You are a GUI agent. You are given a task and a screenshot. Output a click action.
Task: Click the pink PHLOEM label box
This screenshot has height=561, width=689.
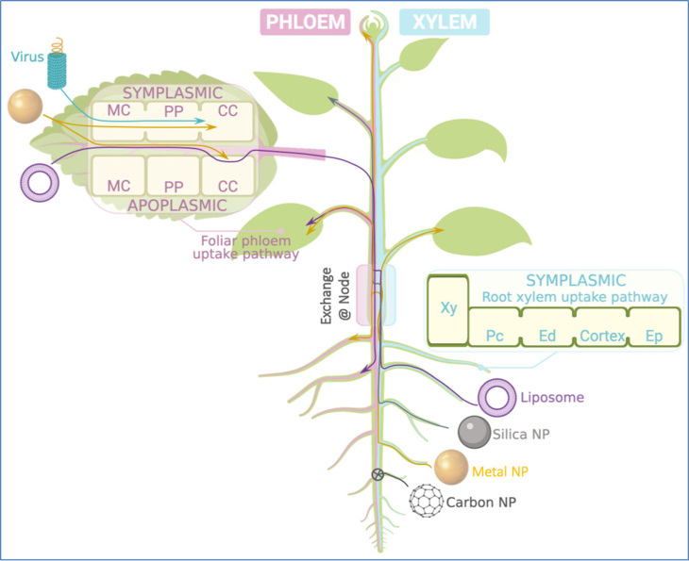point(305,22)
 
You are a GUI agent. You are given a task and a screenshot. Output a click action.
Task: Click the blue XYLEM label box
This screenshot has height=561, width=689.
point(445,22)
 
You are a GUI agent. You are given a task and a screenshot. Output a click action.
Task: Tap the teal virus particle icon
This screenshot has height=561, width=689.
point(58,66)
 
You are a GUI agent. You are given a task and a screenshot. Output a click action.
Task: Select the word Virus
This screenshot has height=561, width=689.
point(27,57)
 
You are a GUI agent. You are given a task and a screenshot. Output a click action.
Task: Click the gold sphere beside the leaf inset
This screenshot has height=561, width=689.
point(25,107)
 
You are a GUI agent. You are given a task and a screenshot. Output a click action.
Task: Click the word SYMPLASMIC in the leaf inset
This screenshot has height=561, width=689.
point(173,93)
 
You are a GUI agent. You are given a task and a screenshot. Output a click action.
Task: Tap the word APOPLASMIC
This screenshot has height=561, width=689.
point(177,206)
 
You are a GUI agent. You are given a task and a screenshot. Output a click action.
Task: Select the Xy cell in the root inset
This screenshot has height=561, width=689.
point(448,310)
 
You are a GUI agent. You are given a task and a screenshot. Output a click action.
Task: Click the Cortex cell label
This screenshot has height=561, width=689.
point(602,336)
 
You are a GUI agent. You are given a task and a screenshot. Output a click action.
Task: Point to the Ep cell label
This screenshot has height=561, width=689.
point(654,337)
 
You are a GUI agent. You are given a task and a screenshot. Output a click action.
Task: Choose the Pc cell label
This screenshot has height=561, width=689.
point(495,337)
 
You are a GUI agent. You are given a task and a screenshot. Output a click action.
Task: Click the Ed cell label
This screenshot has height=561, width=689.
point(547,337)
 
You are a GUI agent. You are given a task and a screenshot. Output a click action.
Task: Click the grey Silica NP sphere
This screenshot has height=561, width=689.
point(474,432)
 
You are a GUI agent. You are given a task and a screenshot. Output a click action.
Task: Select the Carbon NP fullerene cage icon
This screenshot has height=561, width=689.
point(427,501)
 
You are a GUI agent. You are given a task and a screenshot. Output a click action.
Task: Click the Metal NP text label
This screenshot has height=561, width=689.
point(500,471)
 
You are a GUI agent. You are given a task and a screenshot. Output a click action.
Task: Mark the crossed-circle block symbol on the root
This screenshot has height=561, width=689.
point(378,474)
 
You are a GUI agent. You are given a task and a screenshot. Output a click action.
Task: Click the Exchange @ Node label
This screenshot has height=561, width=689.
point(336,295)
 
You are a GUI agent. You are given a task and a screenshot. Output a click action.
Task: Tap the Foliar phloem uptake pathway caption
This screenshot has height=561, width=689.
point(246,247)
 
